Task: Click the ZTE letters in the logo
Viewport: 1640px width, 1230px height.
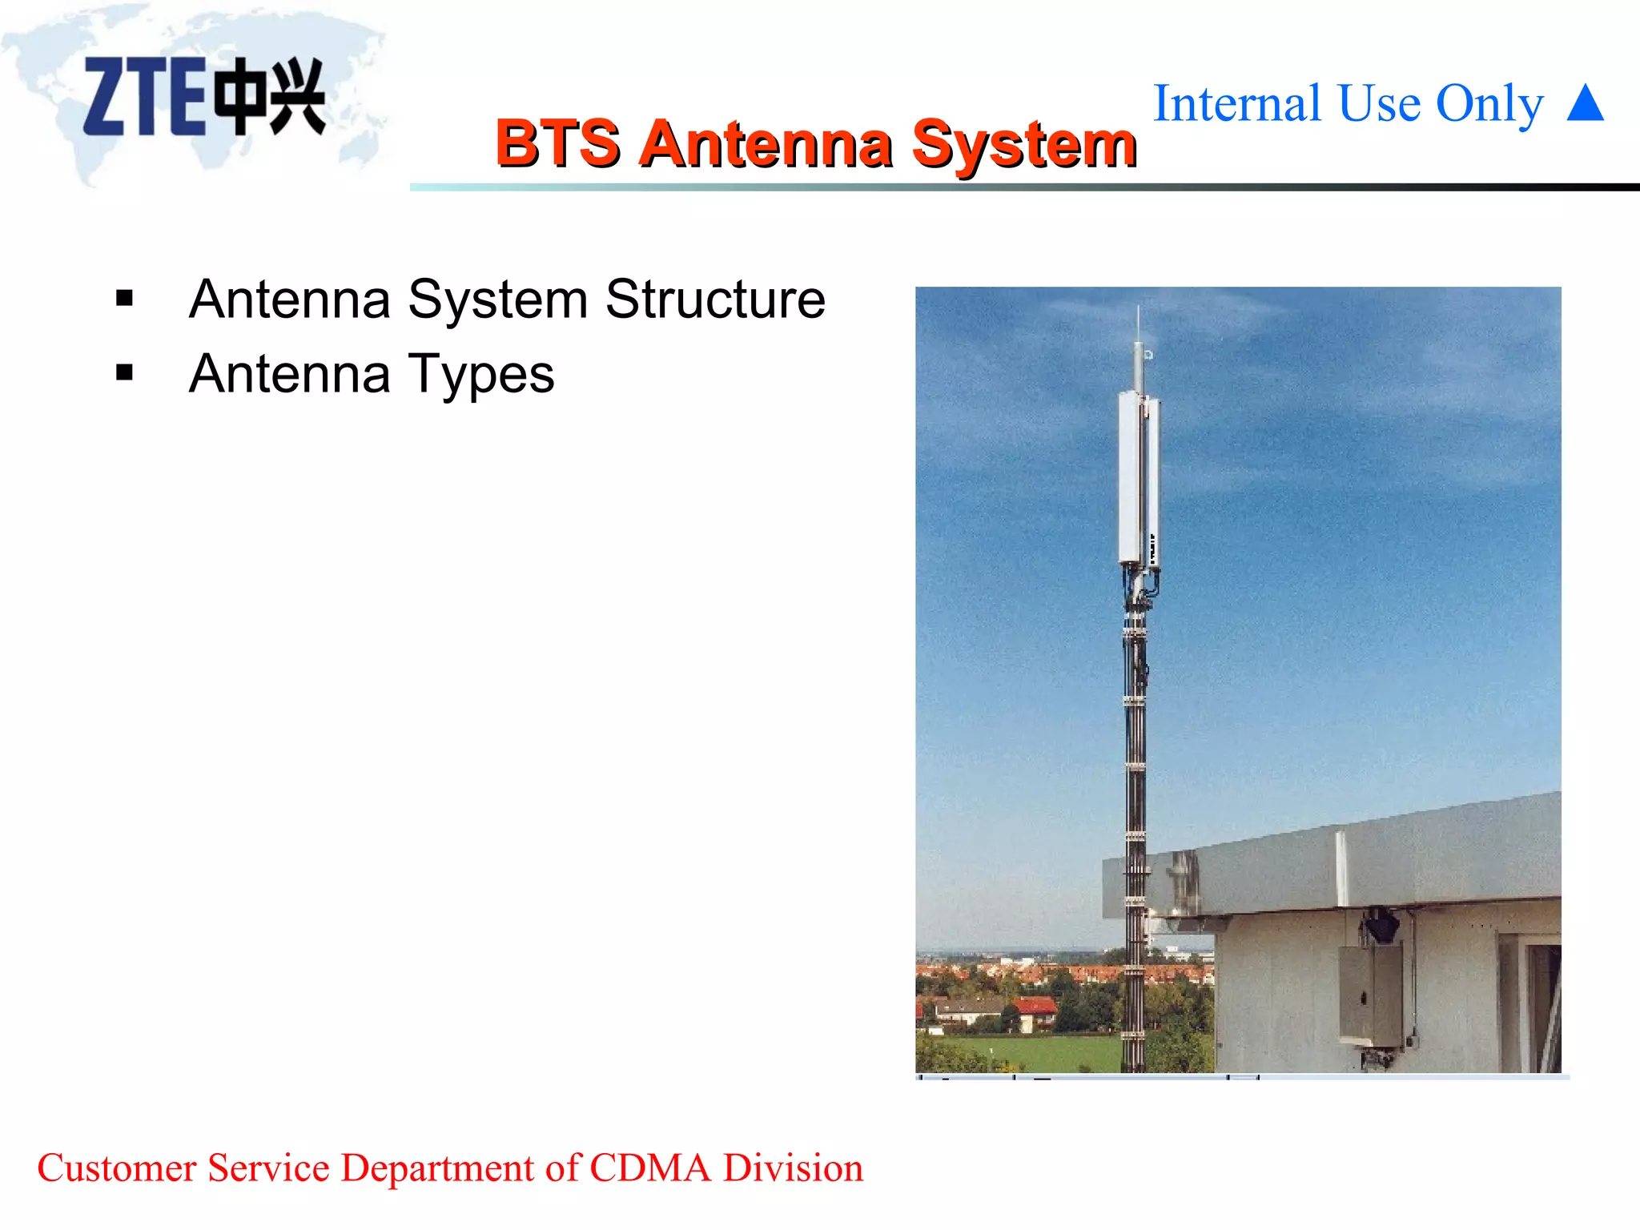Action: pos(144,96)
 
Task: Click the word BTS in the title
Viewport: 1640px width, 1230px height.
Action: pos(557,144)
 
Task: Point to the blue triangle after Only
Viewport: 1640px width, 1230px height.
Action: pos(1586,104)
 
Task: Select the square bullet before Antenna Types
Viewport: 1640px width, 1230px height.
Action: pos(124,373)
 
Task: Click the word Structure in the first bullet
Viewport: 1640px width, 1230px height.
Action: pos(715,299)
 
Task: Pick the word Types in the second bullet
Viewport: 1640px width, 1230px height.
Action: pos(480,375)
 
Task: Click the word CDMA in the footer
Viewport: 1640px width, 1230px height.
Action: pos(649,1168)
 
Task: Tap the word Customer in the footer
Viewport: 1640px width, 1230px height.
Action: pos(117,1168)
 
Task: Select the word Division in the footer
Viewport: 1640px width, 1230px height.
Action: pos(793,1168)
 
